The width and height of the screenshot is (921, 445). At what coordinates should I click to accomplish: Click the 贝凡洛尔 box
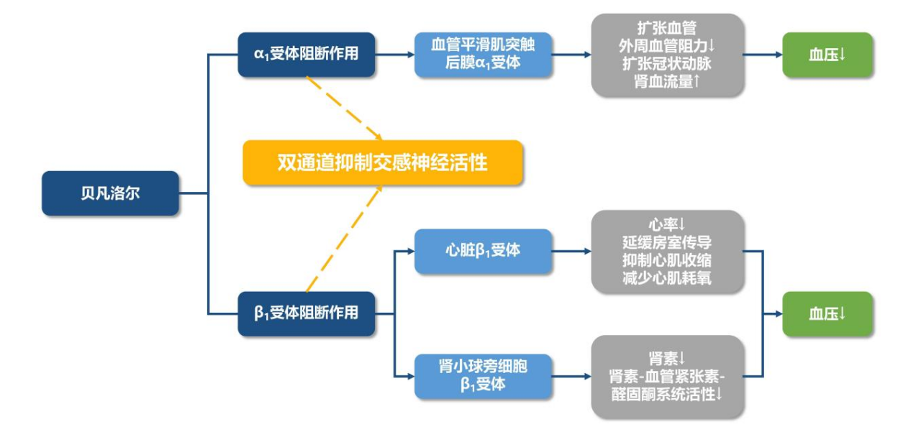coord(110,193)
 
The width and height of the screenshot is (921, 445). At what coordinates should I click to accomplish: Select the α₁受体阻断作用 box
coord(307,54)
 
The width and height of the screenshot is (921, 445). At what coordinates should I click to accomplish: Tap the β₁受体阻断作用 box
coord(307,313)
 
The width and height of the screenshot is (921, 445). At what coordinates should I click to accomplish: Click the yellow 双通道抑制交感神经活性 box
coord(382,163)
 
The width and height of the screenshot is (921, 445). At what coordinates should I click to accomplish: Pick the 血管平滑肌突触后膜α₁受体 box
coord(483,54)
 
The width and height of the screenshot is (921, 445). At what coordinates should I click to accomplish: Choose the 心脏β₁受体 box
coord(483,252)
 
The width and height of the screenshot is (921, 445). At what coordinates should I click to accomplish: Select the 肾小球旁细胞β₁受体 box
coord(483,377)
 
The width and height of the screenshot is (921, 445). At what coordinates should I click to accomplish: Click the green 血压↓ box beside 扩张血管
coord(827,54)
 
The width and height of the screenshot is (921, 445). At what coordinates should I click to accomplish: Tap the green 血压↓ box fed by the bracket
coord(827,314)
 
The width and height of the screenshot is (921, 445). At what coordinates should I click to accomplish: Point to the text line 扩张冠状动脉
coord(667,64)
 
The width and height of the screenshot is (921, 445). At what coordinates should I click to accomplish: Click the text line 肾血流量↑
coord(667,82)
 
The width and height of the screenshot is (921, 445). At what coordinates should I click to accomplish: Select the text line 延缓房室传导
coord(667,242)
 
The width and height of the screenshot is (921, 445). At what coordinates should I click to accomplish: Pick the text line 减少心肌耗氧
coord(667,278)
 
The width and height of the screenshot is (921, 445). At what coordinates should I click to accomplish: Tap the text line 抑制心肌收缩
coord(667,260)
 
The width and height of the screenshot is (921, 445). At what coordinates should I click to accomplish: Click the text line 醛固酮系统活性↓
coord(667,395)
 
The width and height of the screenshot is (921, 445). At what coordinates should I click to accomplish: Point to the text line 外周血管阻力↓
coord(667,46)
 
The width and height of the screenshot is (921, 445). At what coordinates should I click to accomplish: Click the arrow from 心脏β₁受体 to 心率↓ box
coord(571,252)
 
